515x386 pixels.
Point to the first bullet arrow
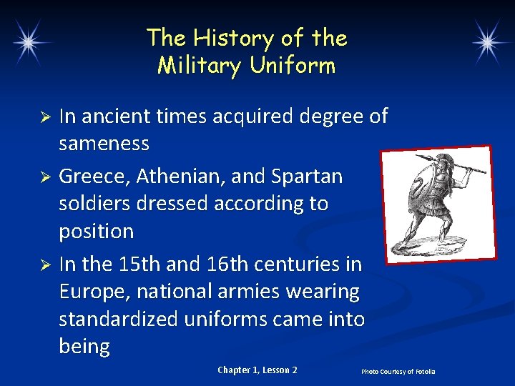coord(44,116)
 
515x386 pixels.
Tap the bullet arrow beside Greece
coord(44,176)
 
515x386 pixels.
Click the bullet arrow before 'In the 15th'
coord(44,264)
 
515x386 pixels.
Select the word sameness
coord(104,144)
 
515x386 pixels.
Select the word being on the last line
coord(84,347)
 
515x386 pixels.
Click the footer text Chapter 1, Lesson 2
coord(257,370)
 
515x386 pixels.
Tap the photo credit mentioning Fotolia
coord(398,372)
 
